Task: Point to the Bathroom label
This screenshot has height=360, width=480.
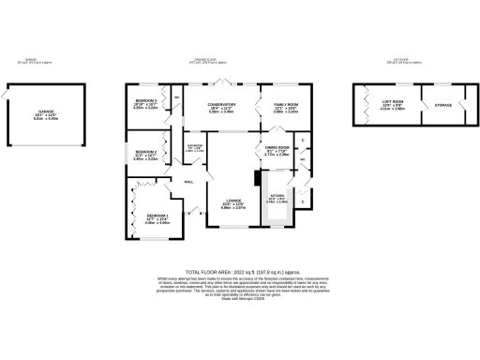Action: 195,148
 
